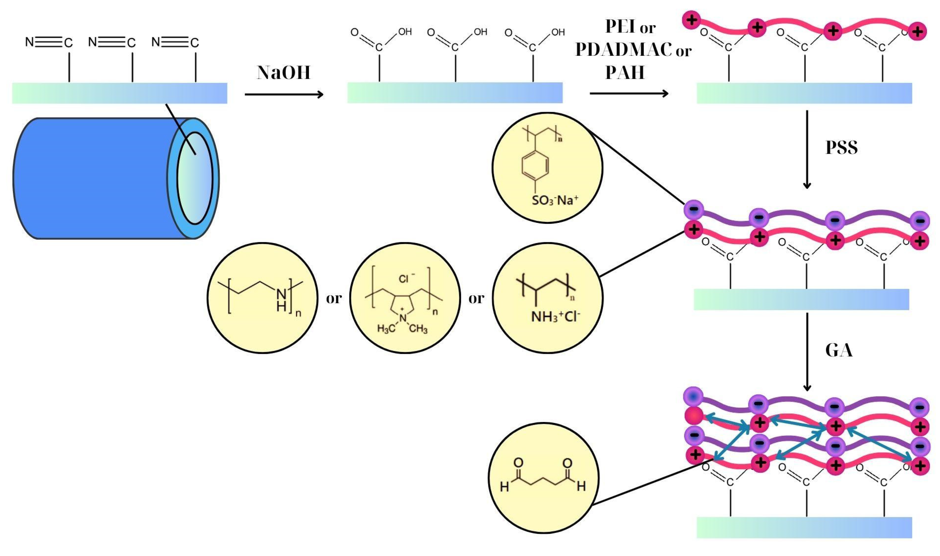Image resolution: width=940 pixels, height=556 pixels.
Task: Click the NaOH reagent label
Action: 284,73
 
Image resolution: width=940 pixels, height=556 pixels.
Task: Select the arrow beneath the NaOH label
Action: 284,94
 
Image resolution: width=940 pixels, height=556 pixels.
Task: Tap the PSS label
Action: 841,147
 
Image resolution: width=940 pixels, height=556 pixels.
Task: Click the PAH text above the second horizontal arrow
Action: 625,73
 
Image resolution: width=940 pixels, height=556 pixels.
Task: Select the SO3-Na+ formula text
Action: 555,200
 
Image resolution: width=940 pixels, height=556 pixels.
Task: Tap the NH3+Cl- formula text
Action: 555,317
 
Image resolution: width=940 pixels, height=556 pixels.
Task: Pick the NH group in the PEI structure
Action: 281,300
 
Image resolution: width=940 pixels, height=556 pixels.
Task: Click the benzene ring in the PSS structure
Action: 535,165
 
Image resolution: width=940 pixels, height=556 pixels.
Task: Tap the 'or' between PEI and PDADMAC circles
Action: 334,299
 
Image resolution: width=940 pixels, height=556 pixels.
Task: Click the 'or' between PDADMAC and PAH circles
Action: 476,299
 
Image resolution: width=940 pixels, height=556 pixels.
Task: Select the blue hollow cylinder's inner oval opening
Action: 195,178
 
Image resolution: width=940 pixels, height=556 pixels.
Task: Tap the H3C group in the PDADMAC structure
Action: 385,329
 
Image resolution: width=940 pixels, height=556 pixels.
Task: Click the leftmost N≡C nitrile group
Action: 49,42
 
